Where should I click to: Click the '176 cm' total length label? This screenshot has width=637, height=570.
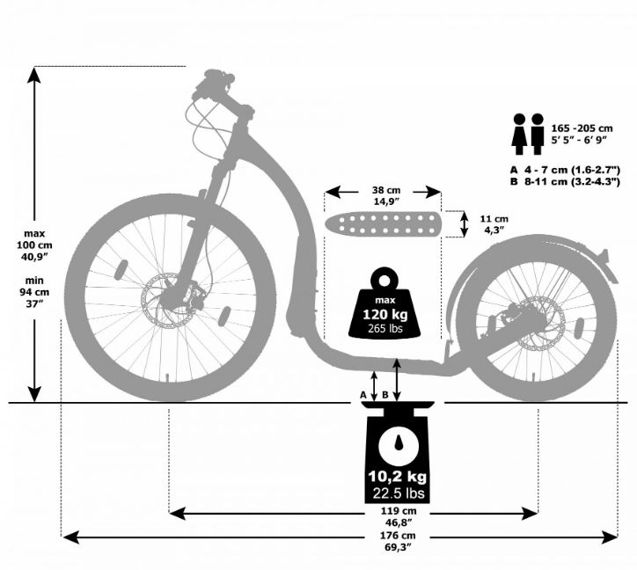click(x=398, y=536)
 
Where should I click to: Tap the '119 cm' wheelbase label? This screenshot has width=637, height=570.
click(x=398, y=511)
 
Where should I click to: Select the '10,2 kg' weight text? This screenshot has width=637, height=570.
click(x=398, y=476)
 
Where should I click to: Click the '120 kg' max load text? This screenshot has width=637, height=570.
click(x=384, y=314)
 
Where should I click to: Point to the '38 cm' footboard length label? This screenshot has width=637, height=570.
click(x=386, y=190)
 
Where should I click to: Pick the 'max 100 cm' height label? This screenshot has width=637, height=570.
click(x=34, y=239)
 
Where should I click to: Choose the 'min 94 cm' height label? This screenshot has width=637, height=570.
click(x=34, y=286)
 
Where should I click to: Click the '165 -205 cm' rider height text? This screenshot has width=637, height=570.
click(x=582, y=128)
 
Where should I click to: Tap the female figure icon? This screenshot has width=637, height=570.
click(x=519, y=134)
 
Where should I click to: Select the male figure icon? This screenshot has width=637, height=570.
click(x=537, y=134)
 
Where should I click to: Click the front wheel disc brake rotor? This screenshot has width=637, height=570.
click(x=166, y=300)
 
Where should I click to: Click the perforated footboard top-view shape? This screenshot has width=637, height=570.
click(x=382, y=223)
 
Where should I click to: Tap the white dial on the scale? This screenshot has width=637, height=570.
click(x=398, y=445)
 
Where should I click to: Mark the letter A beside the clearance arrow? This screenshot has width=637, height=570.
click(x=363, y=394)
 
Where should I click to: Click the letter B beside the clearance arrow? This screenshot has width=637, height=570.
click(x=385, y=394)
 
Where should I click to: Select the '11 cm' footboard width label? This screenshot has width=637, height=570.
click(x=494, y=219)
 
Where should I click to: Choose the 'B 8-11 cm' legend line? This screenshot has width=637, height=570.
click(x=565, y=181)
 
